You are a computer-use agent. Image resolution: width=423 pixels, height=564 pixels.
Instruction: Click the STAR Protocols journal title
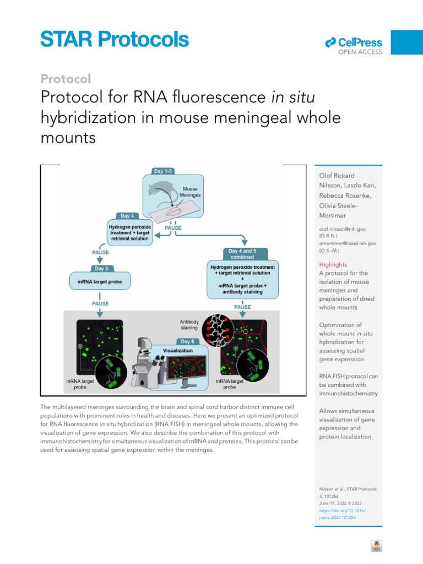(x=114, y=40)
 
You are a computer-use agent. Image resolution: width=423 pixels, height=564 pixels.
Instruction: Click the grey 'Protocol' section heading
(x=66, y=79)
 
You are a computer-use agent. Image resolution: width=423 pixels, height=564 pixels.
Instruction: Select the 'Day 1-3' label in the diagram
(x=172, y=171)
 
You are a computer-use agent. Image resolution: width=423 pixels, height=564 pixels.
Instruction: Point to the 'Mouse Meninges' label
(x=190, y=192)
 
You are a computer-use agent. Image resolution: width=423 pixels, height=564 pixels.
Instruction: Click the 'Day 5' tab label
(x=101, y=268)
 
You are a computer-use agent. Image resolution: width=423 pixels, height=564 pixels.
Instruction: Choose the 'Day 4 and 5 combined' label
(x=246, y=254)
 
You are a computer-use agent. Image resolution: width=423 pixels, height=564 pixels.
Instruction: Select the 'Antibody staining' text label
(x=192, y=325)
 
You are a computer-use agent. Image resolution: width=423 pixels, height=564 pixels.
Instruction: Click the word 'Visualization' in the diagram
(x=177, y=350)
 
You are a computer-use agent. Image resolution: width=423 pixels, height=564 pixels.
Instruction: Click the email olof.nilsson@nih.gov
(x=342, y=228)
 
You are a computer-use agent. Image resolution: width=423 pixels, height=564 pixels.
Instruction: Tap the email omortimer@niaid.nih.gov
(x=348, y=243)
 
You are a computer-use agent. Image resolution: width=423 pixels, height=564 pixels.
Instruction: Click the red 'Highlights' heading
(x=333, y=264)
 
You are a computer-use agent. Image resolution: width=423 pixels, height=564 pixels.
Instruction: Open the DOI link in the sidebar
(x=342, y=514)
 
